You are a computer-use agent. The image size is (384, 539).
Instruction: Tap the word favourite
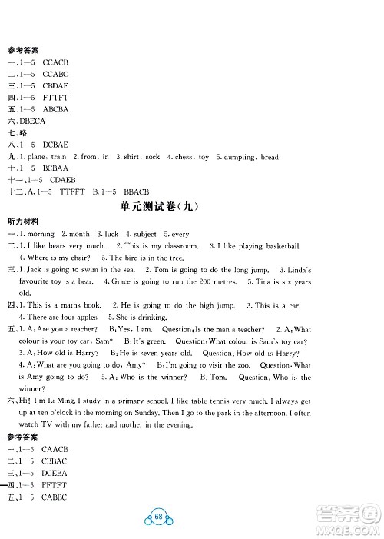click(x=37, y=281)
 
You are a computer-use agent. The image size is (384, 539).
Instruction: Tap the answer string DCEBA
click(x=56, y=474)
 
